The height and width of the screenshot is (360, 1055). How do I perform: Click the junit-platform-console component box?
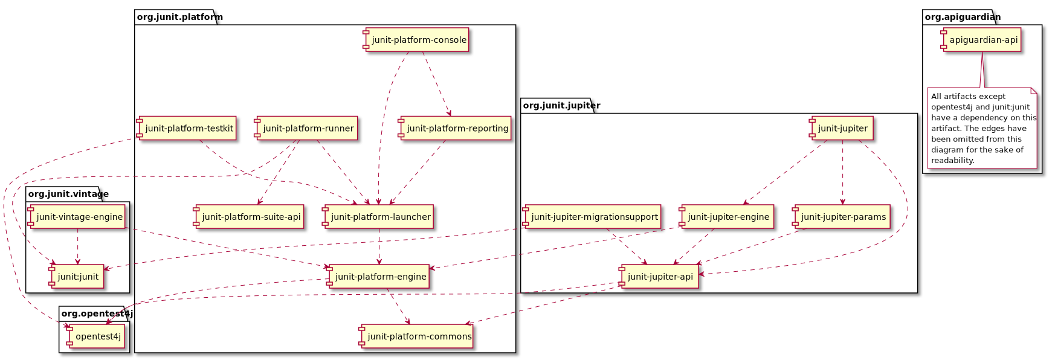point(417,40)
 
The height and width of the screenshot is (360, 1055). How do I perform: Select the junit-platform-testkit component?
point(187,128)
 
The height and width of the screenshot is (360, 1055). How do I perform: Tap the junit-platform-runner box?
point(306,128)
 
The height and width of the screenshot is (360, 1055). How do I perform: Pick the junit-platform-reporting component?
point(455,128)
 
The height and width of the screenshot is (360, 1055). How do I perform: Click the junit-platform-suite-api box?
point(249,217)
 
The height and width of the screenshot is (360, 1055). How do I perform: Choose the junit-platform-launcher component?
point(379,217)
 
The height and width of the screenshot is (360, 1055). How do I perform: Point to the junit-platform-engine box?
point(378,277)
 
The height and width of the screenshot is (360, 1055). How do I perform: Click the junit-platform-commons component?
point(417,336)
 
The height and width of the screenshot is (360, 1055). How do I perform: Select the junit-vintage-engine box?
point(77,217)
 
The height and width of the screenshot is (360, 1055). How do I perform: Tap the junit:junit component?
point(77,277)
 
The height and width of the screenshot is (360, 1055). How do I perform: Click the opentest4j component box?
point(97,336)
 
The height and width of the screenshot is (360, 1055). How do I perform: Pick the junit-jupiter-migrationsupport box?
point(592,217)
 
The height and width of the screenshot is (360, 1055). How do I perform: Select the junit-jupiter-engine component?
point(727,217)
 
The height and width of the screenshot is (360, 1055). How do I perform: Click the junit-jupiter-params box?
point(842,217)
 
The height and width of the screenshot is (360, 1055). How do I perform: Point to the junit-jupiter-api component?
point(659,277)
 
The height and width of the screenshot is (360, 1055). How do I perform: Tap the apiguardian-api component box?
point(981,40)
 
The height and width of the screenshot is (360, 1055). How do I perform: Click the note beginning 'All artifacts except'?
point(982,128)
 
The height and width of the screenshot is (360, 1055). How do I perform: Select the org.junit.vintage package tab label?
point(64,194)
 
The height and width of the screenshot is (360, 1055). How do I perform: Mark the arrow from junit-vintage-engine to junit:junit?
point(77,246)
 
